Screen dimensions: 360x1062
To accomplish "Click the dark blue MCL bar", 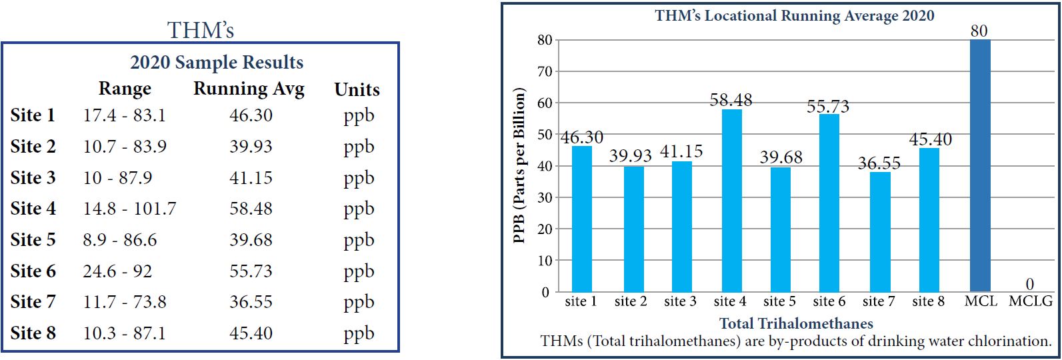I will coord(980,167).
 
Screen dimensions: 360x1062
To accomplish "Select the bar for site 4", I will coord(731,200).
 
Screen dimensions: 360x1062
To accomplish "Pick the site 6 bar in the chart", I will coord(829,203).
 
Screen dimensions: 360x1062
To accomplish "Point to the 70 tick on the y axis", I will coord(544,71).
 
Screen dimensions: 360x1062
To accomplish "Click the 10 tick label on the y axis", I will coord(544,261).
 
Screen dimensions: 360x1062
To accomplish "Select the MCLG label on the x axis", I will coord(1030,301).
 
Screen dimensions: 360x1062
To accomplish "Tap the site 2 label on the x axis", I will coord(631,301).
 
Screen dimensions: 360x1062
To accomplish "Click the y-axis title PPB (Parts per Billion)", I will coord(521,166).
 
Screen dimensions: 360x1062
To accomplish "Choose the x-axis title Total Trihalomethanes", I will coord(796,323).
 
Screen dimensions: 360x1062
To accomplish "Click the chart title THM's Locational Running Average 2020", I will coord(795,15).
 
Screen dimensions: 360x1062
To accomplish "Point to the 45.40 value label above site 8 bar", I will coord(930,139).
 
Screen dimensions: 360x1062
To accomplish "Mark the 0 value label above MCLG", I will coord(1030,285).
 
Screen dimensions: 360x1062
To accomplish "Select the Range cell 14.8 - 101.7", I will coord(129,209).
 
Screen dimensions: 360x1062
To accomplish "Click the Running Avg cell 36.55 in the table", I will coord(251,302).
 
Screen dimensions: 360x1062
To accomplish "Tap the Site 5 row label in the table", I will coord(33,240).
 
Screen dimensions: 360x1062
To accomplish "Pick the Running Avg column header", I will coord(249,89).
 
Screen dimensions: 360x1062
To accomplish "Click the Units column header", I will coord(357,89).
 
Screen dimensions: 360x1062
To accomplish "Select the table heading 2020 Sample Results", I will coord(217,63).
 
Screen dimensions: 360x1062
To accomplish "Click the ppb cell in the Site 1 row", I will coord(359,116).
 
